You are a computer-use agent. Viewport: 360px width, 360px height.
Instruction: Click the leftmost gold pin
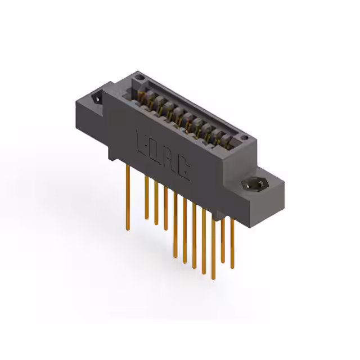point(128,197)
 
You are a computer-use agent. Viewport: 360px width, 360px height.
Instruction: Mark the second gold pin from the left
point(147,197)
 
